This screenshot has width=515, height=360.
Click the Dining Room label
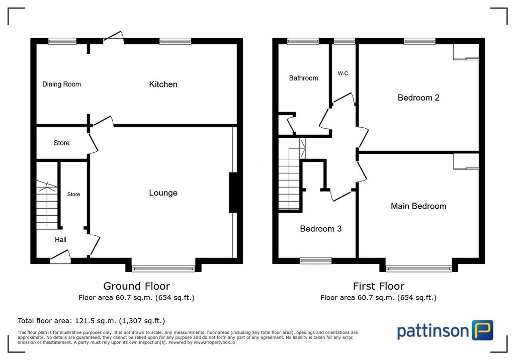[x=61, y=84]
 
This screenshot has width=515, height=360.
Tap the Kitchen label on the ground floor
[x=163, y=84]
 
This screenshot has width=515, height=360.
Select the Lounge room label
[x=163, y=193]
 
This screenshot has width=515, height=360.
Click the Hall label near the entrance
[x=60, y=240]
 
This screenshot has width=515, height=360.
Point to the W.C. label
[x=344, y=73]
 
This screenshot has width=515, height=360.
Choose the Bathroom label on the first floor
[x=303, y=78]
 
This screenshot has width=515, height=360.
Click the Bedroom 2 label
[x=418, y=98]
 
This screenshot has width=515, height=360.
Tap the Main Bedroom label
[x=418, y=206]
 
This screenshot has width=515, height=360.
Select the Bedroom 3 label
[x=320, y=229]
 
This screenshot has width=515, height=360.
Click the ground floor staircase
[x=47, y=205]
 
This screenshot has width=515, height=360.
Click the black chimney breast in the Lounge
[x=233, y=193]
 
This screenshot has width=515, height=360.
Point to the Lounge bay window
[x=163, y=268]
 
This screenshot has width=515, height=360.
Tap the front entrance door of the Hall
[x=60, y=257]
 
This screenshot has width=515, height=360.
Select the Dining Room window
[x=62, y=41]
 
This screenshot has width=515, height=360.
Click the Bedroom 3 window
[x=316, y=261]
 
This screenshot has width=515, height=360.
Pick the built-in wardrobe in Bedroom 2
[x=466, y=52]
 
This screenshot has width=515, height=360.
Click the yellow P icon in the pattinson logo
[x=482, y=330]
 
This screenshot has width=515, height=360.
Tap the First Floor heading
[x=379, y=286]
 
